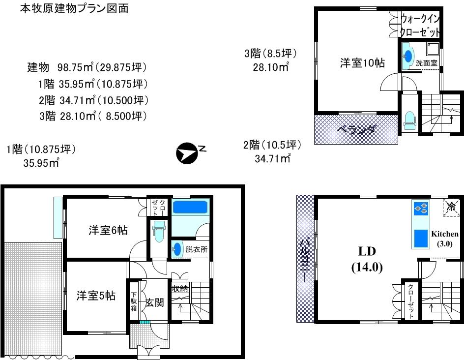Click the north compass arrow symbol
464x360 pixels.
coord(186,153)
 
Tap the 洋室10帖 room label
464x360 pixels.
coord(362,63)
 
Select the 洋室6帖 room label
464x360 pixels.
coord(108,230)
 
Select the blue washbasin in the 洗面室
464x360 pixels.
coord(407,57)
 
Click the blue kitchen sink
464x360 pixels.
coord(421,239)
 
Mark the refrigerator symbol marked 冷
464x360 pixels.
coord(452,208)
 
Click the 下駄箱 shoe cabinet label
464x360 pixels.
coord(134,301)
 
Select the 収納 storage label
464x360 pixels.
coord(179,289)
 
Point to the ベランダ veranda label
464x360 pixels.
coord(357,130)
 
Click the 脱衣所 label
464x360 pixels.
coord(196,249)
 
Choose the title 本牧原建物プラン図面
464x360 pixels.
coord(74,8)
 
